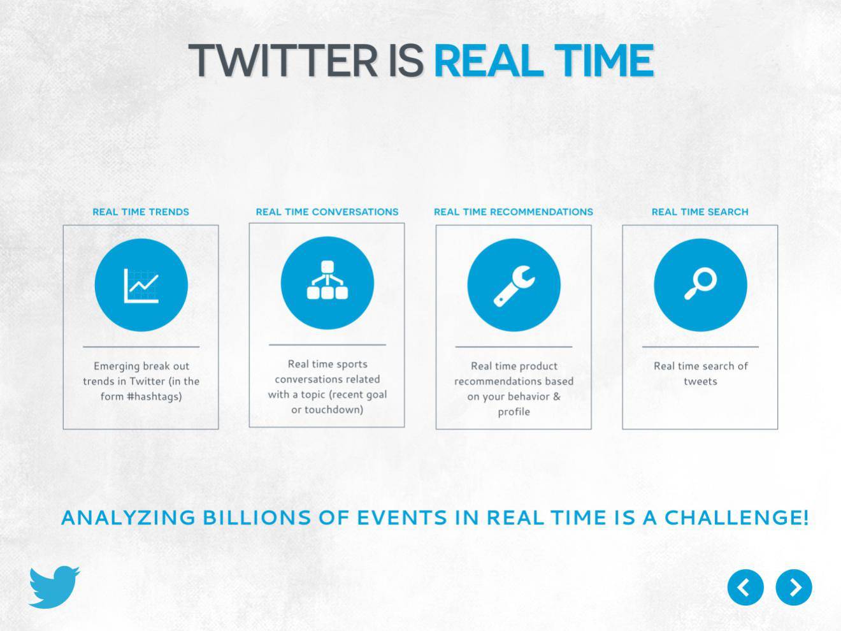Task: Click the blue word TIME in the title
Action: (604, 61)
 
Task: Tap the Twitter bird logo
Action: (54, 586)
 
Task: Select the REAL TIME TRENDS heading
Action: (141, 212)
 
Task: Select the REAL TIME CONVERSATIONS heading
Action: (327, 212)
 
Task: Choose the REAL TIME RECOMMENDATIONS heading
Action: (514, 212)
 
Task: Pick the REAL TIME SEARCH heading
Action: (700, 212)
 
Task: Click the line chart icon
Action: (141, 286)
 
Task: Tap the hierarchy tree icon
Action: (327, 280)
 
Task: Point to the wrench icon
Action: (514, 286)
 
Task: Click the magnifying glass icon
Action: (700, 284)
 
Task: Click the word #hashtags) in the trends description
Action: (154, 396)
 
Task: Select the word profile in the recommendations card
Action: (514, 412)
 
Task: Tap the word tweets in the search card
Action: (700, 381)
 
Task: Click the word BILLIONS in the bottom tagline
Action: (256, 518)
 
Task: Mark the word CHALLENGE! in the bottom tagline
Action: (736, 518)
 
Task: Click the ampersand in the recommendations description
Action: (556, 396)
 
